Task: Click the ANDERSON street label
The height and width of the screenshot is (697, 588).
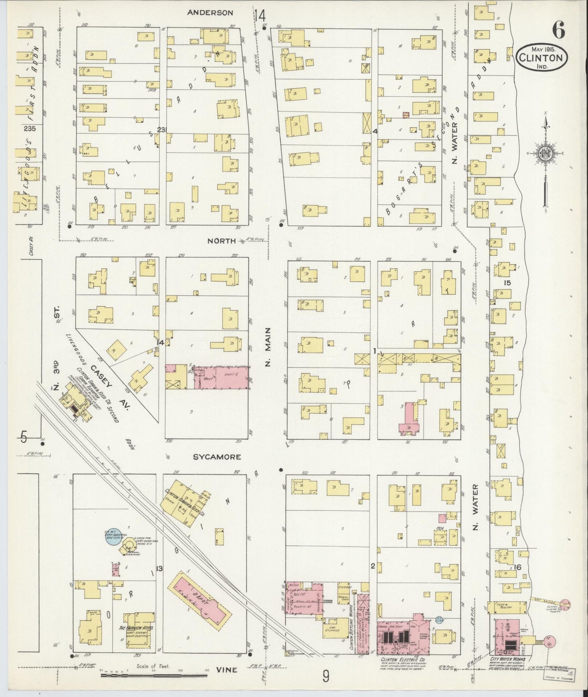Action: [x=210, y=13]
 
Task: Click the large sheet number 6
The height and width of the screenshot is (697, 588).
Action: [x=558, y=30]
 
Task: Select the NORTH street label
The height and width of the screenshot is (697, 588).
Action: [x=221, y=241]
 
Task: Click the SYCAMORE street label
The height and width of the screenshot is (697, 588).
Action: [x=216, y=457]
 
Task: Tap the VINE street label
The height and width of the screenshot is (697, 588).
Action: [x=227, y=670]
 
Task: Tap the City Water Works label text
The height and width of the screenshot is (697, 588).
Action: [x=508, y=659]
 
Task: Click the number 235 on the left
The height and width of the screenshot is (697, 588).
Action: [x=29, y=129]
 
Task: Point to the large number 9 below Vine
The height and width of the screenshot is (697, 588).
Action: [x=326, y=676]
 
